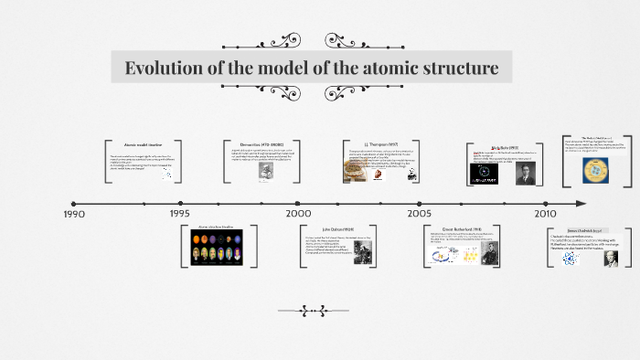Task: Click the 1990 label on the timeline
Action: [74, 214]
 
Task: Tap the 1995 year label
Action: [180, 214]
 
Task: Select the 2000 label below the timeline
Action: [298, 213]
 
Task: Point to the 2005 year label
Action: [420, 213]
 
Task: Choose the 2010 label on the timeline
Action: [546, 213]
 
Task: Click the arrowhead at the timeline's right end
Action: [580, 203]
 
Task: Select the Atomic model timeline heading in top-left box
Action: [143, 145]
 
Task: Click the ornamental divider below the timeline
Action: [319, 310]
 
